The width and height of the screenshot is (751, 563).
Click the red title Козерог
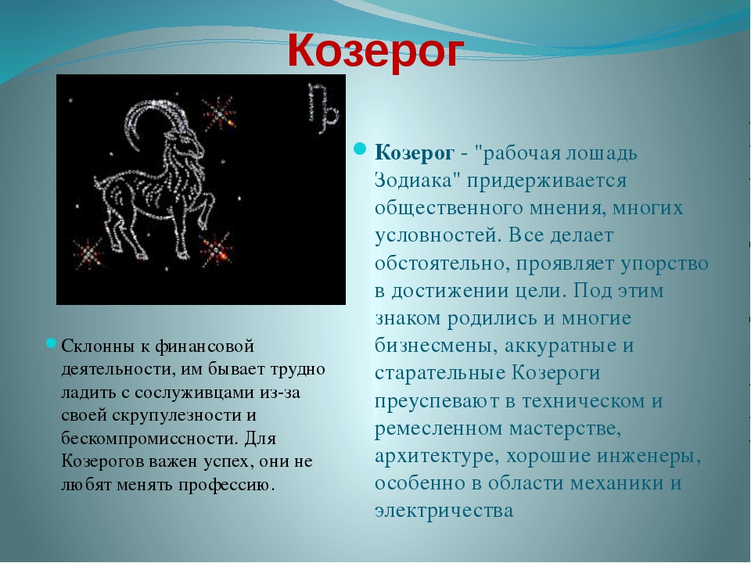coord(375,52)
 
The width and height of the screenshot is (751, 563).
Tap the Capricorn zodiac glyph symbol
coord(323,108)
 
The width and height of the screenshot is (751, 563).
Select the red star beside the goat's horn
coord(219,114)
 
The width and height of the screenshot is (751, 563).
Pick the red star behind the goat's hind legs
coord(88,253)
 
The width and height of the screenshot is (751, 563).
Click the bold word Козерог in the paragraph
coord(415,154)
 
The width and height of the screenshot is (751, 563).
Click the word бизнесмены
coord(434,346)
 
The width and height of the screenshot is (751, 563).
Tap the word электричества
coord(444,511)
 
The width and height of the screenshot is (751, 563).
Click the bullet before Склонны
coord(52,342)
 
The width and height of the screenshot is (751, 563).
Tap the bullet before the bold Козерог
coord(360,149)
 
